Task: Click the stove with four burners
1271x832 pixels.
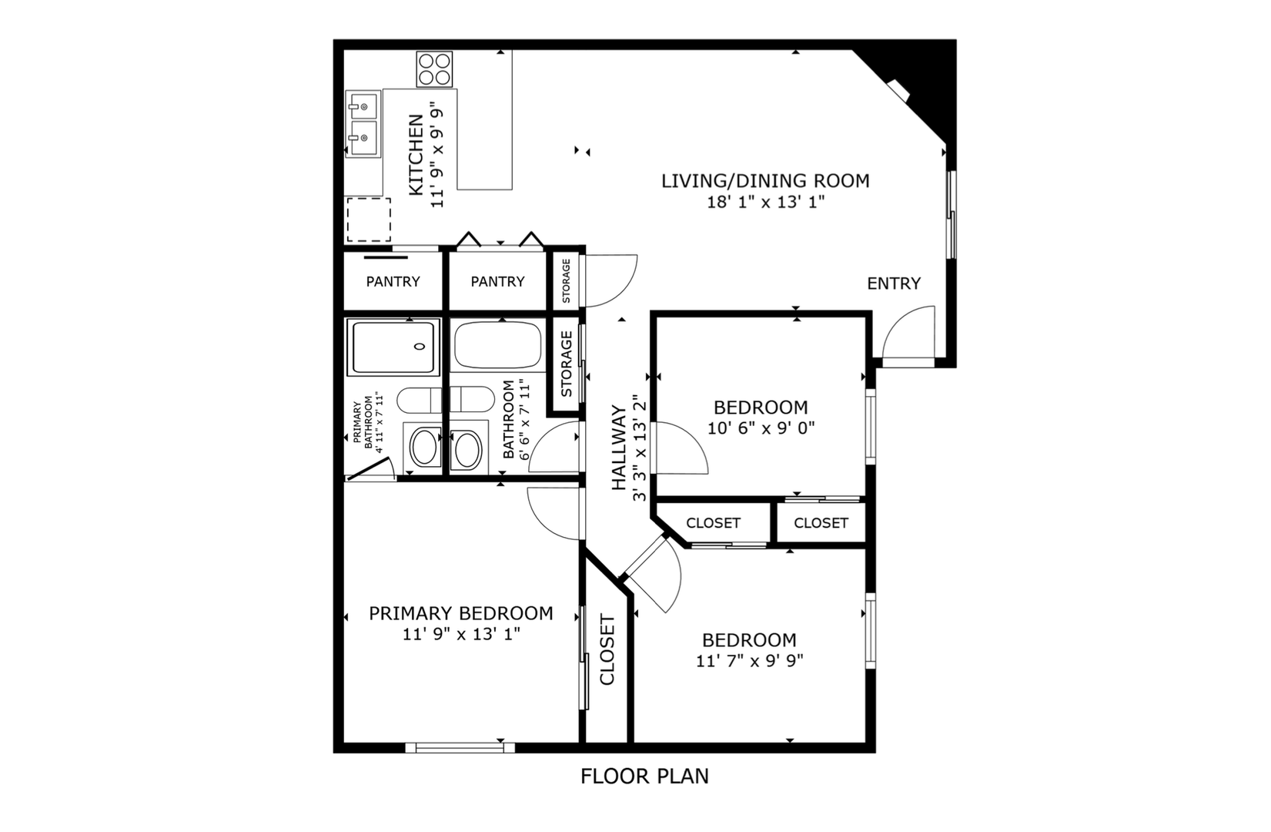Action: click(434, 69)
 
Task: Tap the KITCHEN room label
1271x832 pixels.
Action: click(416, 155)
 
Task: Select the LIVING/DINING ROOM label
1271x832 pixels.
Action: click(765, 181)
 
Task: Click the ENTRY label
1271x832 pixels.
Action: click(894, 283)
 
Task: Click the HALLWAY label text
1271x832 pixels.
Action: click(618, 448)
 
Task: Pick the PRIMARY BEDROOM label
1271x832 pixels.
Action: click(460, 613)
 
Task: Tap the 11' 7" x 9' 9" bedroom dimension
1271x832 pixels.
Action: click(750, 661)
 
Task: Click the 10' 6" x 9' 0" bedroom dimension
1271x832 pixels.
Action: click(761, 428)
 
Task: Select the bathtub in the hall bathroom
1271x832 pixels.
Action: click(497, 345)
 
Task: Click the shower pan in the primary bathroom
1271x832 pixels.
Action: click(393, 347)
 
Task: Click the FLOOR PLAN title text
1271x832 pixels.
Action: click(644, 777)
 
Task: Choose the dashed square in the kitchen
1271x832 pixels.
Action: click(369, 220)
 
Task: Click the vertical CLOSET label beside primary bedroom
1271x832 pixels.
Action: click(607, 649)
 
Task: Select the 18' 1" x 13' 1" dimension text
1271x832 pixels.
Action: click(765, 202)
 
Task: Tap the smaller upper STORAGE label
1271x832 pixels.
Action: click(567, 281)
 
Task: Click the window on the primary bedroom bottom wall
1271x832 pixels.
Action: click(460, 748)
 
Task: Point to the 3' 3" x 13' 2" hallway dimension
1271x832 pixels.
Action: click(640, 448)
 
